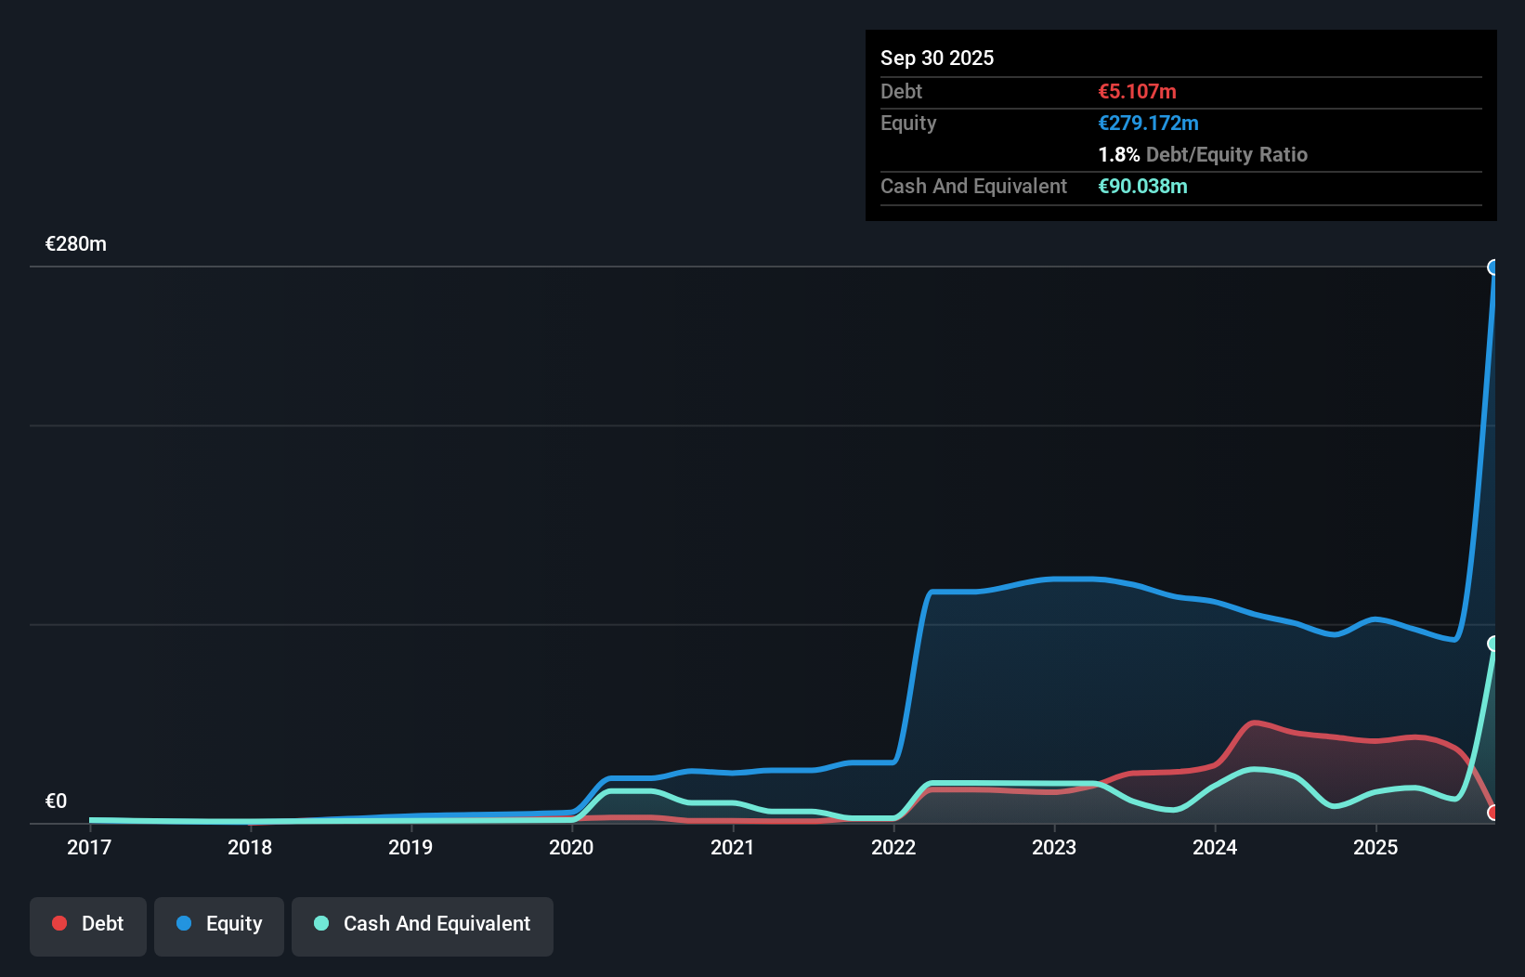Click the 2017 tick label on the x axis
89,847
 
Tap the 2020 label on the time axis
571,847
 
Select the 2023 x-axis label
1054,847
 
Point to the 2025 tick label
1375,847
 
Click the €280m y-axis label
76,244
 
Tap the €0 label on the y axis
56,801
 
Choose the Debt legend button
88,924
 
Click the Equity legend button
219,924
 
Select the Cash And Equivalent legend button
423,924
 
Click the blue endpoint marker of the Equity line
1493,267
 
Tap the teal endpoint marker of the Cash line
1493,644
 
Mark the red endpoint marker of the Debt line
1493,813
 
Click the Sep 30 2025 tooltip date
937,58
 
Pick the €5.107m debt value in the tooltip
1137,91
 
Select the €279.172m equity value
1148,123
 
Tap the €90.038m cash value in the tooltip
1142,186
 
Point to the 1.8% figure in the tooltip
1118,154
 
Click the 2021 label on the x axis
732,847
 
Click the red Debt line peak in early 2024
1255,723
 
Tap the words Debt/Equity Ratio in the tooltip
1226,154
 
